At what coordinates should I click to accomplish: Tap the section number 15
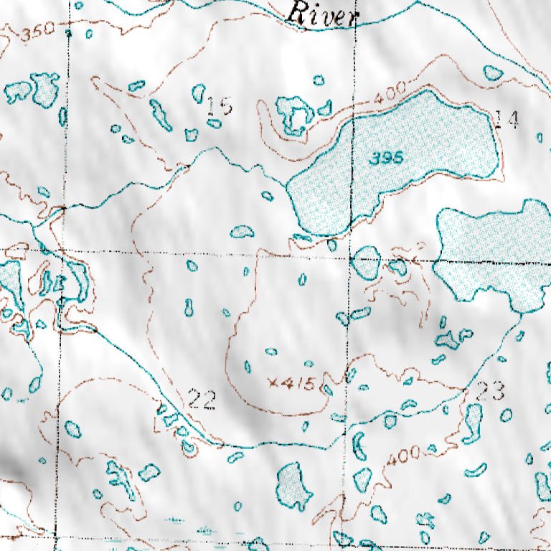(x=220, y=107)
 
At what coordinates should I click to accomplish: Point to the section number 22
(x=202, y=400)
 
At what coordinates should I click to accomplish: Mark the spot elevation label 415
(x=298, y=384)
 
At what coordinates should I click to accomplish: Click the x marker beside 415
(x=273, y=384)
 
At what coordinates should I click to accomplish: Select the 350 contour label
(x=37, y=33)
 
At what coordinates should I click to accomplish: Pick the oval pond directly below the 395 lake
(x=331, y=245)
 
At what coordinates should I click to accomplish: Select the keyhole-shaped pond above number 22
(x=189, y=308)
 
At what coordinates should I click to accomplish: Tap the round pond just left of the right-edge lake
(x=366, y=263)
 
